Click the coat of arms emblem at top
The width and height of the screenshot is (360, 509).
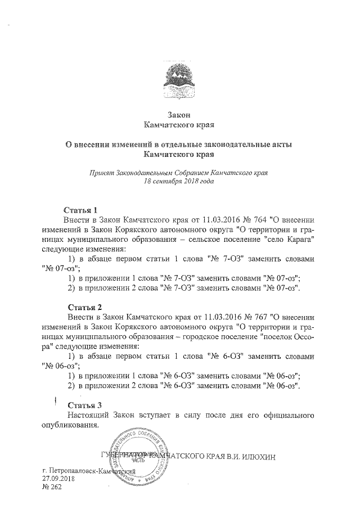point(179,80)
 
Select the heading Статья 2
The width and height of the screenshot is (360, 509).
point(84,308)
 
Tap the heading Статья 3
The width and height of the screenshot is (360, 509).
point(84,405)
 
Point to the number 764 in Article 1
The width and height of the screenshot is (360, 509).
point(242,219)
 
